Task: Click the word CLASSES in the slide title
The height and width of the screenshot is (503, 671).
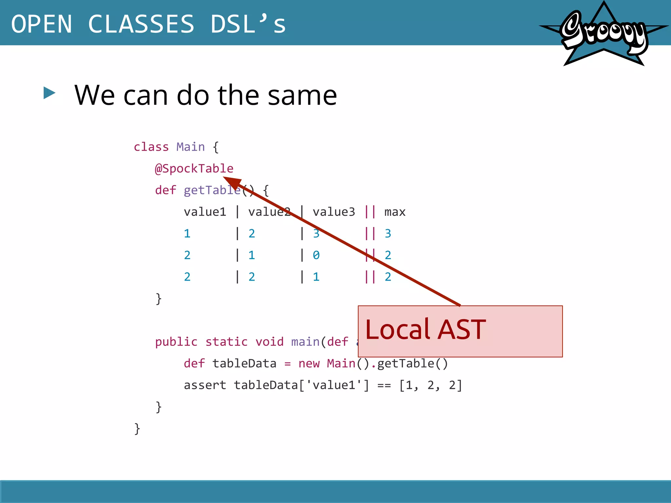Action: coord(141,24)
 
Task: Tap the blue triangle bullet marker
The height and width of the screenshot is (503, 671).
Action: coord(49,93)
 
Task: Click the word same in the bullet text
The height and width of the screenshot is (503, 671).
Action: coord(302,95)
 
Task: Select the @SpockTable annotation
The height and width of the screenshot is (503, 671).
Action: coord(194,169)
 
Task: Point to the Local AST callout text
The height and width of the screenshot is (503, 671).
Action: coord(425,329)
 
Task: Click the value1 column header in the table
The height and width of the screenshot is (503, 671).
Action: coord(205,212)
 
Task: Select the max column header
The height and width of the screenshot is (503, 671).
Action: coord(395,212)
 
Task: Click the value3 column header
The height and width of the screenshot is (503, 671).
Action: coord(334,212)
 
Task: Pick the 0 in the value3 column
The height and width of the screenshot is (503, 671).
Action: coord(316,255)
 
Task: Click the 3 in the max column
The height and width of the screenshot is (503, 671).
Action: coord(388,234)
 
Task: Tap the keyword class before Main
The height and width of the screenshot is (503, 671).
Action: coord(151,147)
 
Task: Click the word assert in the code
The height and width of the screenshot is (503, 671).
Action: coord(205,385)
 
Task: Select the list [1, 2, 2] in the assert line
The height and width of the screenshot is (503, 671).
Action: coord(430,385)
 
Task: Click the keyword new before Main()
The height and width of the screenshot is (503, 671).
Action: coord(309,364)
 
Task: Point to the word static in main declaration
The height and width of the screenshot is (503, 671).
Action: coord(226,342)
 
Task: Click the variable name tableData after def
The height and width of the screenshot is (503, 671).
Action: coord(244,364)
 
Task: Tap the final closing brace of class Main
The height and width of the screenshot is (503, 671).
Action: coord(137,429)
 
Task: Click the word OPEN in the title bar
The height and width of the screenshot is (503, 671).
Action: coord(42,24)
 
